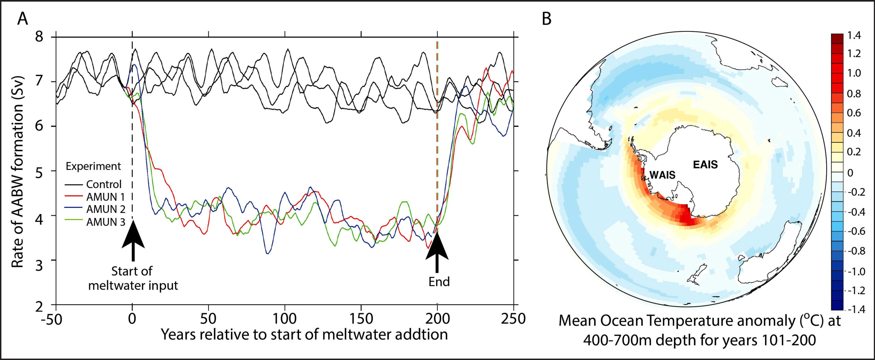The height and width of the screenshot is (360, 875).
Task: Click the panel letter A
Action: (23, 19)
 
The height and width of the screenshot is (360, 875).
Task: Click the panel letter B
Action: (547, 19)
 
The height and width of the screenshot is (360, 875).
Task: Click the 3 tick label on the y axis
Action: (39, 264)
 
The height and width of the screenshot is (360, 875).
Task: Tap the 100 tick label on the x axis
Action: (285, 319)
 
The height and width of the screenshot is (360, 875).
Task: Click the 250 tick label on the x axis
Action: (513, 319)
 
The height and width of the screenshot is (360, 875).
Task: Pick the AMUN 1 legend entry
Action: (105, 197)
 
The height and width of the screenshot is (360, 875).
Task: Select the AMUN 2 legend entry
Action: (106, 209)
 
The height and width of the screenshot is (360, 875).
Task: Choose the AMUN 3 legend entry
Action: (106, 222)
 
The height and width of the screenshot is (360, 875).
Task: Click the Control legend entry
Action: (104, 185)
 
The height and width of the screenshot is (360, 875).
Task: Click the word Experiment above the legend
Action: (93, 166)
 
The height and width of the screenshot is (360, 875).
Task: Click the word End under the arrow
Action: (439, 282)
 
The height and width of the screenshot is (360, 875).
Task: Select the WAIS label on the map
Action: (662, 175)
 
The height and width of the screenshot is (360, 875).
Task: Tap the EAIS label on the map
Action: (705, 165)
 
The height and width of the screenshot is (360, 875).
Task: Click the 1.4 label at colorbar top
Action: (854, 36)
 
